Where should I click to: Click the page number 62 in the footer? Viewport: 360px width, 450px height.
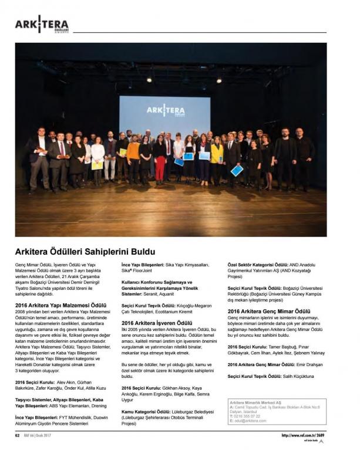(18, 435)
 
